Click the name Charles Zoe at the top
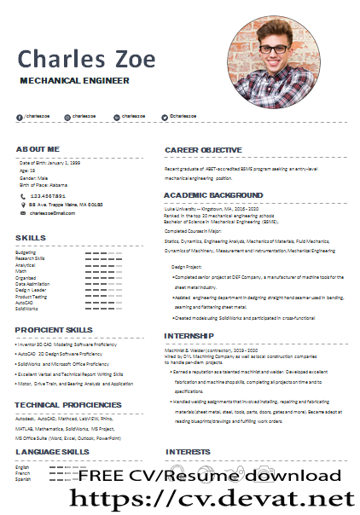(x=87, y=59)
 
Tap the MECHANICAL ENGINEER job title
(x=74, y=80)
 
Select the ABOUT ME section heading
(x=38, y=148)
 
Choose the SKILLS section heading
(x=31, y=237)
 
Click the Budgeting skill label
(x=26, y=252)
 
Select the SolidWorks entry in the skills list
(x=26, y=308)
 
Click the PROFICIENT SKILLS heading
(x=54, y=329)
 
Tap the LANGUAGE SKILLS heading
(x=52, y=451)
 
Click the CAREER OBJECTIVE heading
(x=203, y=150)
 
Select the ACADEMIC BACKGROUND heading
(x=213, y=195)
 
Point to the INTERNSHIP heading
(x=189, y=336)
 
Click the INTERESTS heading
(x=188, y=451)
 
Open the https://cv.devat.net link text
(x=210, y=496)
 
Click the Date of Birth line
(x=49, y=162)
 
